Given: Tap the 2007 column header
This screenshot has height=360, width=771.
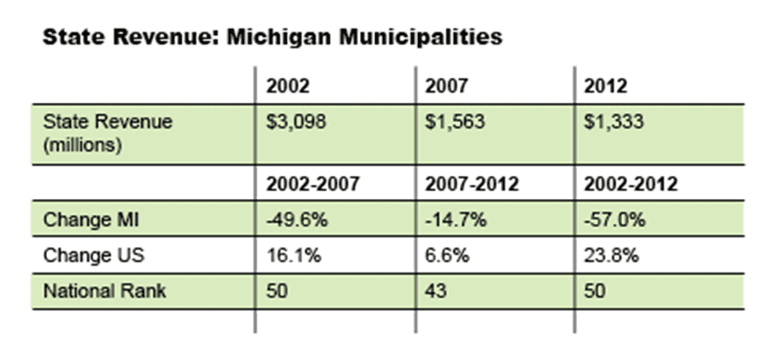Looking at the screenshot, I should [x=445, y=87].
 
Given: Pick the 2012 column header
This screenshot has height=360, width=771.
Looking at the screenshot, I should [x=604, y=87].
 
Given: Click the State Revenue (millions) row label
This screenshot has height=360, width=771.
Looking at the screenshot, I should [x=108, y=133].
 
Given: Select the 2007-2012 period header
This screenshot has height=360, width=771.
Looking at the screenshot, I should [x=469, y=184].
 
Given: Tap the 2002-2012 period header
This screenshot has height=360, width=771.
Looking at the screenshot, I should [x=629, y=184].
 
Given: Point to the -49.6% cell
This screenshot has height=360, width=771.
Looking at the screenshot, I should [x=295, y=219].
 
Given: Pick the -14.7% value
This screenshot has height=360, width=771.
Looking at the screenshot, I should [x=454, y=219].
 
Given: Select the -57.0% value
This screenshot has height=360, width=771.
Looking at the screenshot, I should [x=613, y=219].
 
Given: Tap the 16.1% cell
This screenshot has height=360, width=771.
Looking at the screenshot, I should [x=290, y=255].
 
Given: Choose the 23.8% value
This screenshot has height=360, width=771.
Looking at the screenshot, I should [x=609, y=255].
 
